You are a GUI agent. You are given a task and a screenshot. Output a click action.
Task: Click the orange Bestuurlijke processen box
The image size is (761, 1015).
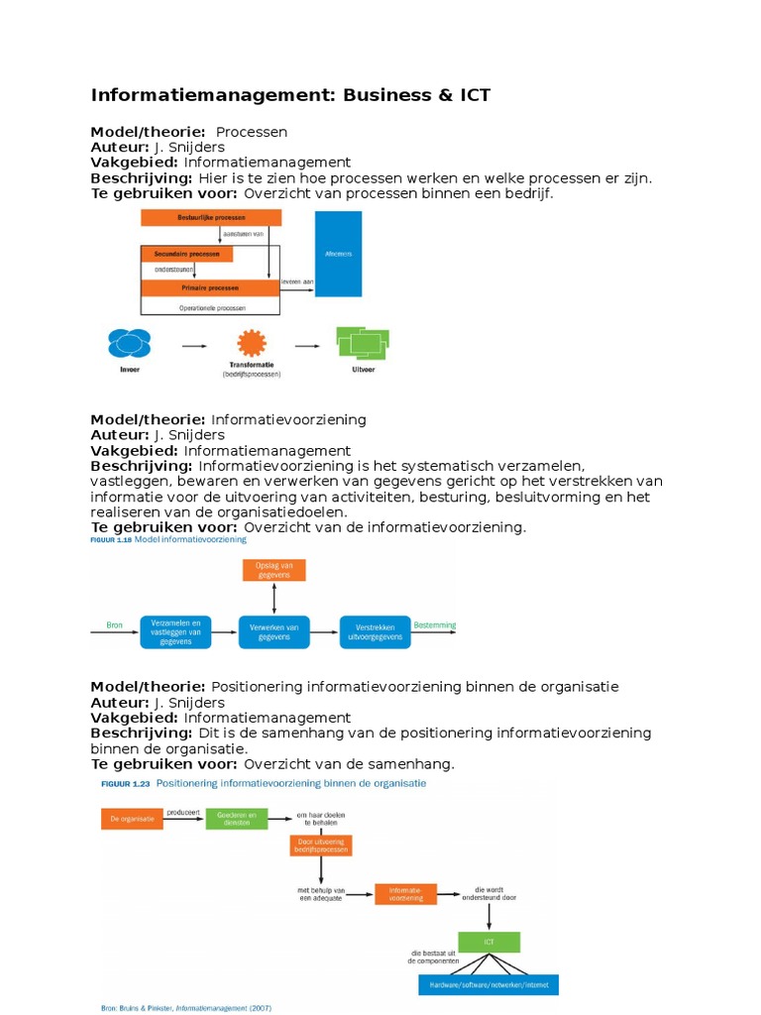click(x=205, y=217)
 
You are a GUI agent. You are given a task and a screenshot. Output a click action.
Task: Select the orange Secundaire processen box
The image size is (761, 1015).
click(x=187, y=254)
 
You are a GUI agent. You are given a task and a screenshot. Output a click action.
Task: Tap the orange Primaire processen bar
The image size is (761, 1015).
click(x=209, y=287)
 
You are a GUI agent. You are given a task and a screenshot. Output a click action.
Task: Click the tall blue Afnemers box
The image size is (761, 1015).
click(x=339, y=254)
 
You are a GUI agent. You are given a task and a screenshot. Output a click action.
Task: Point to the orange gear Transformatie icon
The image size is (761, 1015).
click(x=252, y=345)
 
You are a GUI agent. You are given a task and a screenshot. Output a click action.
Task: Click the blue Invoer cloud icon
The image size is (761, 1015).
click(x=129, y=344)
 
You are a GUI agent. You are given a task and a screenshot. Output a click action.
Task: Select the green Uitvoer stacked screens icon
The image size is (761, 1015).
click(x=361, y=343)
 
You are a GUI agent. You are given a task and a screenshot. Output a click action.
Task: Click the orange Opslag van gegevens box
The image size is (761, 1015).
click(x=274, y=570)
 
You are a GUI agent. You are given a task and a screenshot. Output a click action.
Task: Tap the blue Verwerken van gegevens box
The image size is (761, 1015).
click(x=274, y=631)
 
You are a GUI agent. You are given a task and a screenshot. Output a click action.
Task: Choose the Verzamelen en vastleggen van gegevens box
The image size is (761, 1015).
click(x=175, y=631)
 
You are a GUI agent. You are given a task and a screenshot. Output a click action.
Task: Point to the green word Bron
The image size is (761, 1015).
click(x=114, y=624)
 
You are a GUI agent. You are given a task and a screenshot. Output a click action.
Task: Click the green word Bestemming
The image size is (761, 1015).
click(x=435, y=624)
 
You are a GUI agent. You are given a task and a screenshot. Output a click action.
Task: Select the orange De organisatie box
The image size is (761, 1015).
click(x=132, y=819)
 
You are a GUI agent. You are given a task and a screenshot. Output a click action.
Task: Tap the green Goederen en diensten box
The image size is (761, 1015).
click(x=236, y=819)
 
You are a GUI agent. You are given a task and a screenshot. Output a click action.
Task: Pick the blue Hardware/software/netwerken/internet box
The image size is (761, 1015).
click(x=489, y=985)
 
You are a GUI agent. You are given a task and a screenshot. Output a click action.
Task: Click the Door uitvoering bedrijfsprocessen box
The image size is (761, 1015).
click(x=321, y=846)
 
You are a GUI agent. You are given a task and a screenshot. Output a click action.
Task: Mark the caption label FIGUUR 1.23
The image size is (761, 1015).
click(x=125, y=783)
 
